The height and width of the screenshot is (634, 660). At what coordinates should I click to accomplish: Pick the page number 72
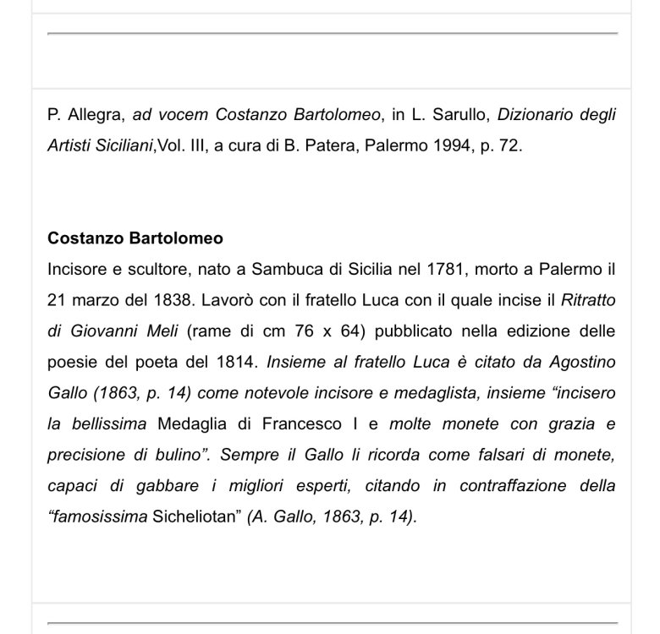[507, 145]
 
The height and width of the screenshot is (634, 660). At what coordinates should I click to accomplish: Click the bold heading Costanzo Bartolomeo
[135, 239]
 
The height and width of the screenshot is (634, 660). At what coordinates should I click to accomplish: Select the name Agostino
[581, 362]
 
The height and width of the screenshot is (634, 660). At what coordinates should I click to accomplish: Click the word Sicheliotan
[200, 515]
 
